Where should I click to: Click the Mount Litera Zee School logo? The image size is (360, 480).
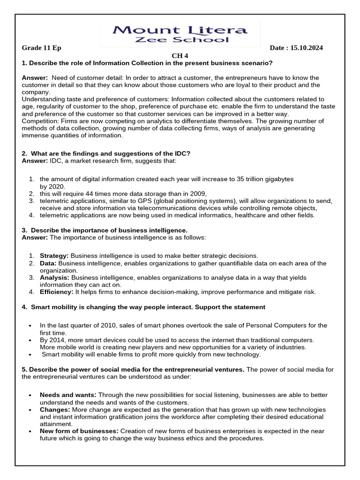[180, 34]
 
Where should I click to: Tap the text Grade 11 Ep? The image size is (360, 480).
[42, 48]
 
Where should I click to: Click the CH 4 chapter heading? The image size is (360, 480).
[180, 56]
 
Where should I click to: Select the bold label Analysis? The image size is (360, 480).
[54, 277]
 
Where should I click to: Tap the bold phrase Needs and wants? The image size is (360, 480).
[68, 395]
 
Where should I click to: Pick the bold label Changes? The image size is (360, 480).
[55, 410]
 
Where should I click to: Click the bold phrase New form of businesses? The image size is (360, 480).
[79, 431]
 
